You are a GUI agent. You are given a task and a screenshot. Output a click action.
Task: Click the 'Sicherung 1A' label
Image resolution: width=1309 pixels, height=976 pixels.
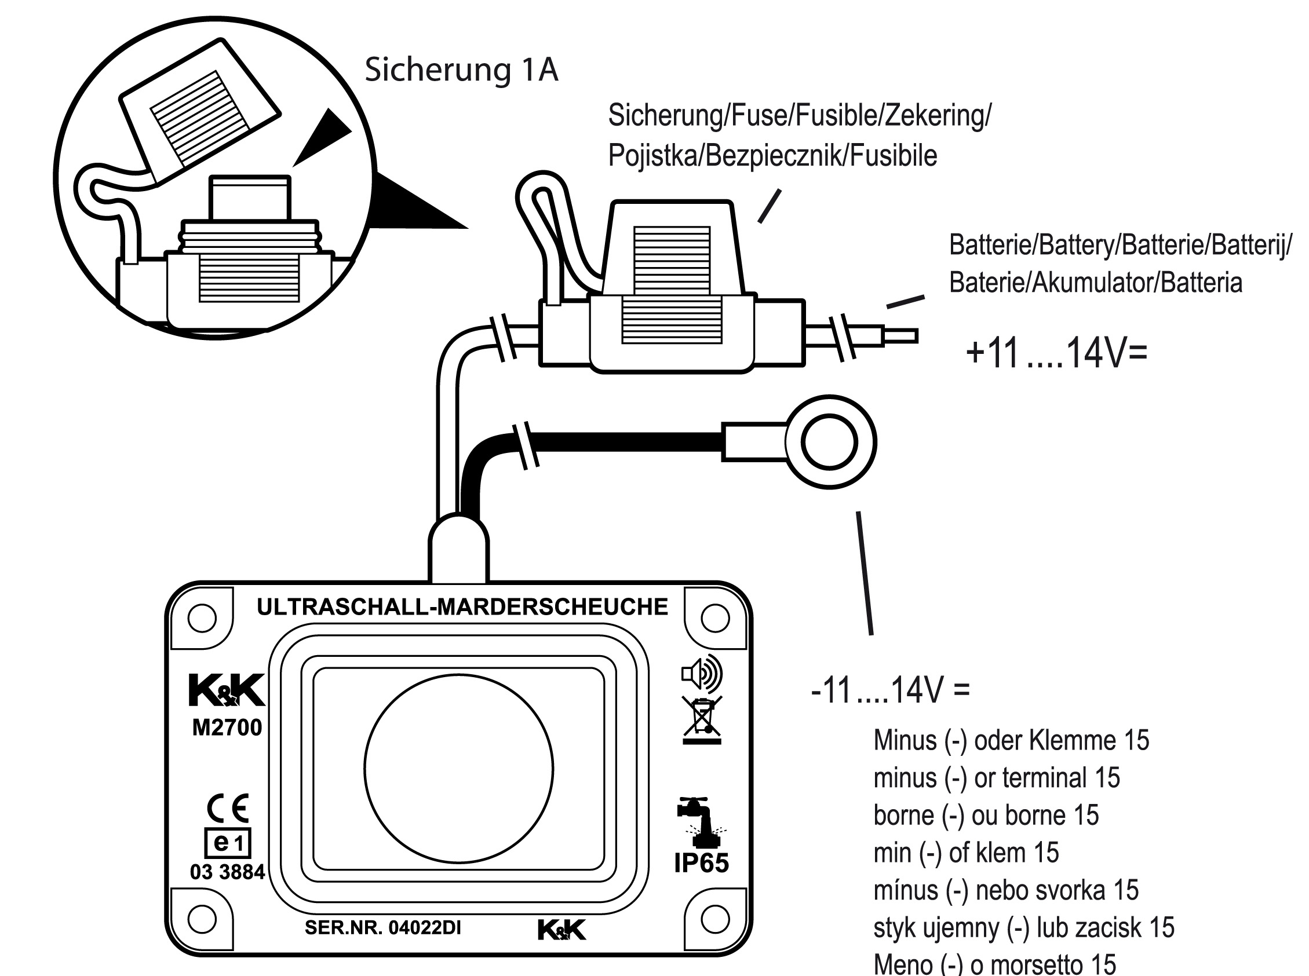(x=461, y=70)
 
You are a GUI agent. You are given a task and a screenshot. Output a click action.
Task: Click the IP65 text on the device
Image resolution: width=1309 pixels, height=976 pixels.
(x=701, y=863)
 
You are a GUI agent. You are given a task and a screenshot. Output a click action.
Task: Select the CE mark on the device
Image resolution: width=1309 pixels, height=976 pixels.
(x=228, y=809)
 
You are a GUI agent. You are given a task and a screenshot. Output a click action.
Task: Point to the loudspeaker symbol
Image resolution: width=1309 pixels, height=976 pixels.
(x=702, y=673)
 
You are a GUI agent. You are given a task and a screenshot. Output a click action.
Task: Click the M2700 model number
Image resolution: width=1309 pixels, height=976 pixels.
(x=227, y=728)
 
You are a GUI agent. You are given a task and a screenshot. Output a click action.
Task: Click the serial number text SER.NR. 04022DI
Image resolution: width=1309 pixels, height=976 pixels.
(x=382, y=927)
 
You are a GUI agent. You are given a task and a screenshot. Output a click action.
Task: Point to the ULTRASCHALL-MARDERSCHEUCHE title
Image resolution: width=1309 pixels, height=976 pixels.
(x=462, y=607)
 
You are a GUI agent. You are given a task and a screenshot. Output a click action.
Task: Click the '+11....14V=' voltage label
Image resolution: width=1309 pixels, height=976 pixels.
(x=1056, y=353)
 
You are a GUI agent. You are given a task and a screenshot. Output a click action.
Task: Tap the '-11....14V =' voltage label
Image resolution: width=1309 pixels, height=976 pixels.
(x=890, y=689)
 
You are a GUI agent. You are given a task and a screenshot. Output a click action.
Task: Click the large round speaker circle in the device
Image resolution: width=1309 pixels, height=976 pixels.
(x=458, y=769)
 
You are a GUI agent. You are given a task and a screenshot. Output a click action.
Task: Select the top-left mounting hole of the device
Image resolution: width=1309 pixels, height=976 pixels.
(x=202, y=619)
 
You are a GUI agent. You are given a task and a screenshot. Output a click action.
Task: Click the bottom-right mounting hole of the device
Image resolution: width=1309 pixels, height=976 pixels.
(x=714, y=920)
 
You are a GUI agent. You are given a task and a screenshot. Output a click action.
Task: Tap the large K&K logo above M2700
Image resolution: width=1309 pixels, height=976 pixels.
(x=227, y=690)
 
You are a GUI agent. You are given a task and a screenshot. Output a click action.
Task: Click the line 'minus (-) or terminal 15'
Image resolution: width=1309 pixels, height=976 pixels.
(x=996, y=778)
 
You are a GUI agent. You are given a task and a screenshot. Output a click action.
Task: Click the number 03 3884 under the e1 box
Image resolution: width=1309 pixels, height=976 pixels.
(x=228, y=872)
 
